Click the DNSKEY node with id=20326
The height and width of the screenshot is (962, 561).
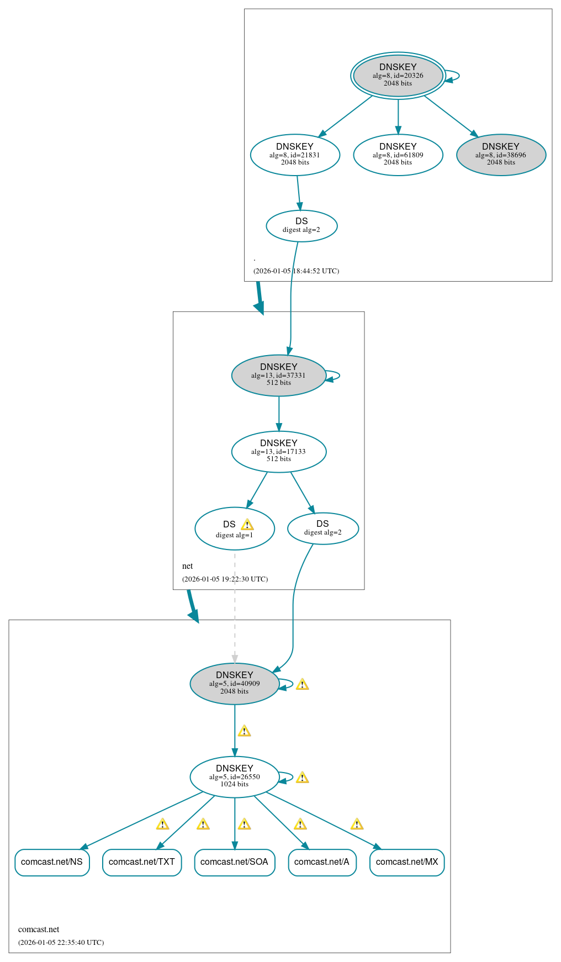click(x=398, y=75)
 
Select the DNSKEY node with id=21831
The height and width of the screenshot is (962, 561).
click(x=295, y=155)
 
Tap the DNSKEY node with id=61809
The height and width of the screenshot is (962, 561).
click(x=398, y=155)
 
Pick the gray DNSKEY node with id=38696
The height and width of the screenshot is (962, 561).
click(x=501, y=155)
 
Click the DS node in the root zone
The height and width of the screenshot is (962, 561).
click(x=301, y=225)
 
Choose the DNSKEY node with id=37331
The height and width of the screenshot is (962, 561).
click(x=278, y=375)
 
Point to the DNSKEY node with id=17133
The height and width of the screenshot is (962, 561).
click(x=278, y=451)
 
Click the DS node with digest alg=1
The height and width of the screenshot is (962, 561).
click(x=234, y=528)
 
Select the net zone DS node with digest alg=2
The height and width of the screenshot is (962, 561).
click(x=322, y=528)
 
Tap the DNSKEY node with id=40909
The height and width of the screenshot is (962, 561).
click(x=234, y=683)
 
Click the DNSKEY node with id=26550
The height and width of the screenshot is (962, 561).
click(x=234, y=776)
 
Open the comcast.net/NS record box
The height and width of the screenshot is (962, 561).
click(x=52, y=862)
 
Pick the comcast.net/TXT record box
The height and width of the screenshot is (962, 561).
click(x=142, y=862)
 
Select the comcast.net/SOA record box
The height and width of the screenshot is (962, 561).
click(x=234, y=862)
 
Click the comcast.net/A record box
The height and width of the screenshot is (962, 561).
click(x=322, y=862)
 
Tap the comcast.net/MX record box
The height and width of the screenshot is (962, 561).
click(x=407, y=862)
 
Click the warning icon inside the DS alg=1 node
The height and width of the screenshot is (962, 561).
click(x=247, y=524)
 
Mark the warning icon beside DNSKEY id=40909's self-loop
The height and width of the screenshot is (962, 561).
click(x=302, y=684)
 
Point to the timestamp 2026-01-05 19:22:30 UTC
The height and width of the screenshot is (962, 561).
click(x=225, y=579)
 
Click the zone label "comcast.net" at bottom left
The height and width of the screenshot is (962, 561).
click(x=39, y=929)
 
